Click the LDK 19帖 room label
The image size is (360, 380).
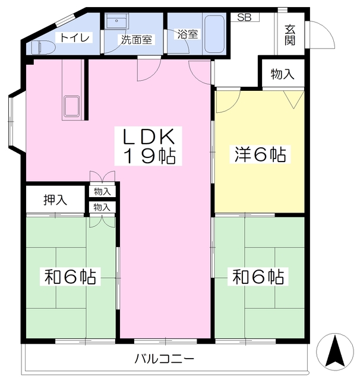149,146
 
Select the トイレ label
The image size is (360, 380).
73,38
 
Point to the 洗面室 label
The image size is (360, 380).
137,40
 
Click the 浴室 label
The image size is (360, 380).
187,34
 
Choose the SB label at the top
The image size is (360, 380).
244,17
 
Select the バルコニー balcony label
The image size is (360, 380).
164,359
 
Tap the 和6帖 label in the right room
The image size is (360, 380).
258,277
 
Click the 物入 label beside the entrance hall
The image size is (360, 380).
282,74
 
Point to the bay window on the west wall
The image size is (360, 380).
14,121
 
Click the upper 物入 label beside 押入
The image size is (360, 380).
102,191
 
